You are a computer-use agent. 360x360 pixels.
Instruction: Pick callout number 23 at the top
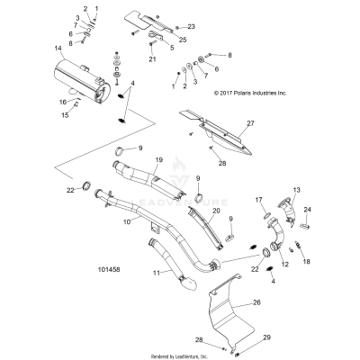tap(191, 28)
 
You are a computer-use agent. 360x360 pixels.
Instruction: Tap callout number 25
tap(183, 40)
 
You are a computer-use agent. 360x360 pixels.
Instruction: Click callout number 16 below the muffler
tap(50, 102)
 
